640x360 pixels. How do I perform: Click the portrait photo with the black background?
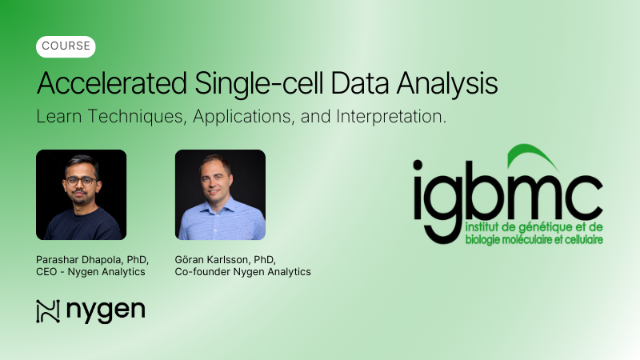coord(82,194)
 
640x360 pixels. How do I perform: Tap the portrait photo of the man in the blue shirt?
coord(220,194)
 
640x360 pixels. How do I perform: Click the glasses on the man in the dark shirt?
coord(81,181)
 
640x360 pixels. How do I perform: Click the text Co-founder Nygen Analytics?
coord(243,272)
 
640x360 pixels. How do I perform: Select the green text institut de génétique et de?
coord(530,228)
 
